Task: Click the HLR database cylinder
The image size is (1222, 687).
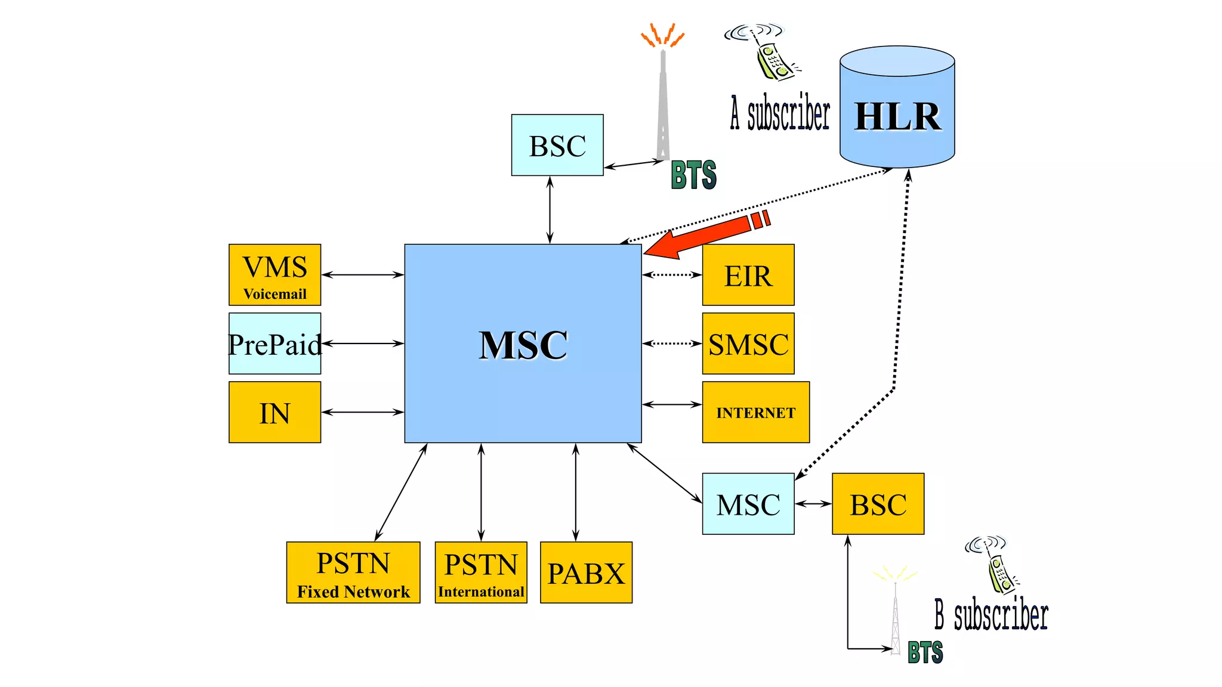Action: [897, 107]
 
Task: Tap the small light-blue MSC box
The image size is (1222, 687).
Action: [748, 504]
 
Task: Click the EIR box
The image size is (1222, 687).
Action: [748, 275]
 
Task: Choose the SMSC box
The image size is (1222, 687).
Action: [748, 343]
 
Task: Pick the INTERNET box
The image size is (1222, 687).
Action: [755, 412]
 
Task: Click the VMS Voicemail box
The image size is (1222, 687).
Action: [274, 275]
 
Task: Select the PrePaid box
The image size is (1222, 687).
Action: [274, 343]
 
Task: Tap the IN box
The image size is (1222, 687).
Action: [274, 412]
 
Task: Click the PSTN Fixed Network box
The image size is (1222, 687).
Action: [353, 572]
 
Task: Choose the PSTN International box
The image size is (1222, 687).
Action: [481, 572]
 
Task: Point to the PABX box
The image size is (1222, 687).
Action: [586, 572]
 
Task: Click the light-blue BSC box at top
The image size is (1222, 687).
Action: [557, 145]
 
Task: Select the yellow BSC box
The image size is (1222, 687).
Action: [878, 504]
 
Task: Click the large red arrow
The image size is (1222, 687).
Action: [704, 236]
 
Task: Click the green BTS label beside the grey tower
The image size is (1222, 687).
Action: [693, 175]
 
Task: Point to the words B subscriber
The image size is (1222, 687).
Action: [991, 615]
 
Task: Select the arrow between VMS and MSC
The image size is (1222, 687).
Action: [363, 275]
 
